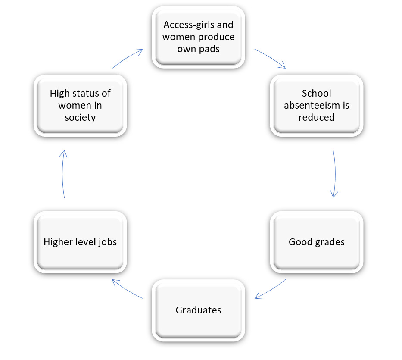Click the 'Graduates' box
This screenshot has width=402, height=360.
198,310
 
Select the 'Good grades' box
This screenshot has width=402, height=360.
317,242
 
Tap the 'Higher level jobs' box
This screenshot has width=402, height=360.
80,242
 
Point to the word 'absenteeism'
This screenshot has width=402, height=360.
317,105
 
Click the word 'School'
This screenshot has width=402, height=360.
317,93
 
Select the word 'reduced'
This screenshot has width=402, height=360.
317,117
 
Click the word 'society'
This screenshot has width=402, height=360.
80,117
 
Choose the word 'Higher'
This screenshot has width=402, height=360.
58,242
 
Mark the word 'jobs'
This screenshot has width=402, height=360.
107,242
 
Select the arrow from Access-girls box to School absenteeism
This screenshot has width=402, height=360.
271,58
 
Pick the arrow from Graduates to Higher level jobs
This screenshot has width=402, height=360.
127,289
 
